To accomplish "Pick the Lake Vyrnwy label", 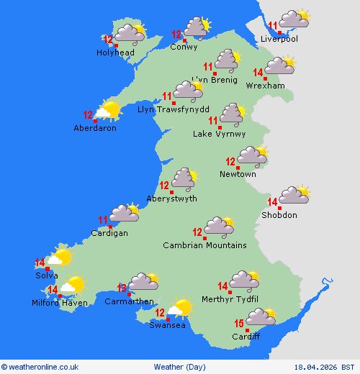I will tap(219, 134).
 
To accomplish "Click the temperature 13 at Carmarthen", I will tap(122, 288).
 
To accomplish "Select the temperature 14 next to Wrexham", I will tap(258, 73).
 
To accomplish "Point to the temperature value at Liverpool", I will tap(272, 26).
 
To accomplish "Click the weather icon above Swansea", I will tap(179, 309).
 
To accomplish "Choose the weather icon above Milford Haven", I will tap(72, 286).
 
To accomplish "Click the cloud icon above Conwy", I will tap(196, 27).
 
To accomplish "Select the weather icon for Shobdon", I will tap(294, 195).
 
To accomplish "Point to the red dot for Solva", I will tap(48, 269).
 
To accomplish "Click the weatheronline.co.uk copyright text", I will tap(40, 367).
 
